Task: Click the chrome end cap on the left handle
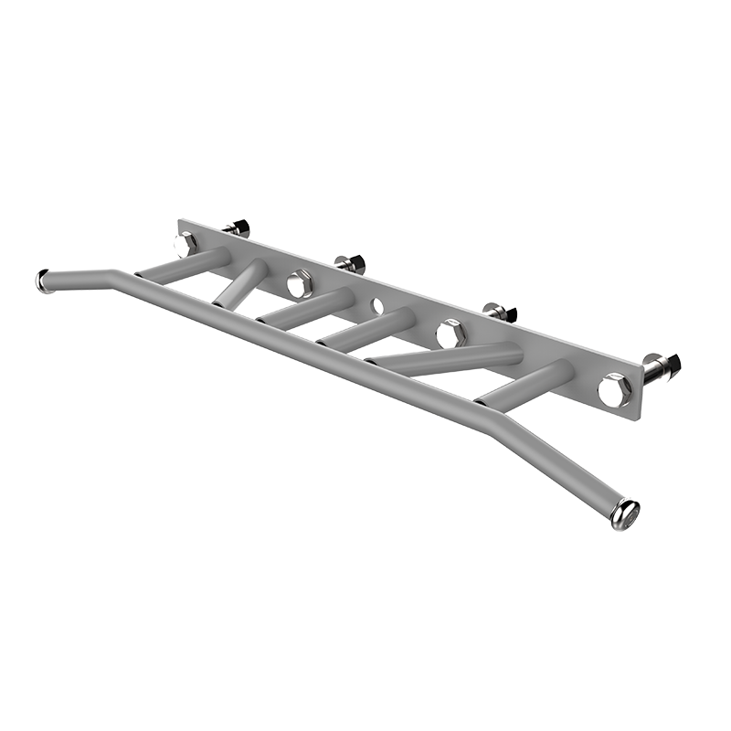tap(42, 280)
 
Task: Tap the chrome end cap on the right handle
tap(627, 514)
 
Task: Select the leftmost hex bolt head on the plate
tap(185, 244)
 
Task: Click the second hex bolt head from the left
tap(299, 284)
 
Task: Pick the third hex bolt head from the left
tap(450, 334)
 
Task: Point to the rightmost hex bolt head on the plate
tap(614, 389)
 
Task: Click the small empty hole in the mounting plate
tap(377, 306)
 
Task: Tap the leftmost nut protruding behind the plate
tap(238, 228)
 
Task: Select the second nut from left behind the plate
tap(352, 265)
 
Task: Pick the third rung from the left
tap(305, 308)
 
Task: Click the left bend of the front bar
tap(113, 271)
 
